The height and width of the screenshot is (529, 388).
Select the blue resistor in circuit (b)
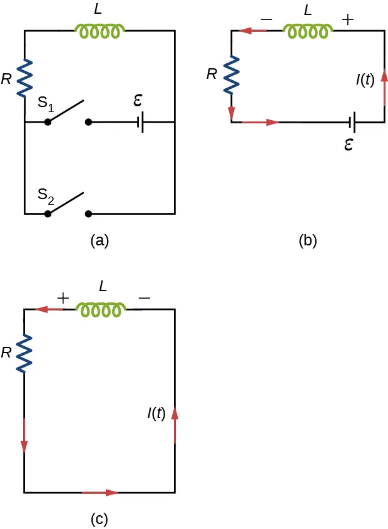tap(232, 74)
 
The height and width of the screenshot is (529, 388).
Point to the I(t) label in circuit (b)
tap(365, 80)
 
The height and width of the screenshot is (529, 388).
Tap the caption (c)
tap(100, 518)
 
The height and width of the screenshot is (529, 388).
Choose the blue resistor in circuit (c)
tap(24, 354)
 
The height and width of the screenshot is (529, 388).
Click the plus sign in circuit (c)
tap(63, 298)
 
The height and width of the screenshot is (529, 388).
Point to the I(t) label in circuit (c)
tap(156, 413)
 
